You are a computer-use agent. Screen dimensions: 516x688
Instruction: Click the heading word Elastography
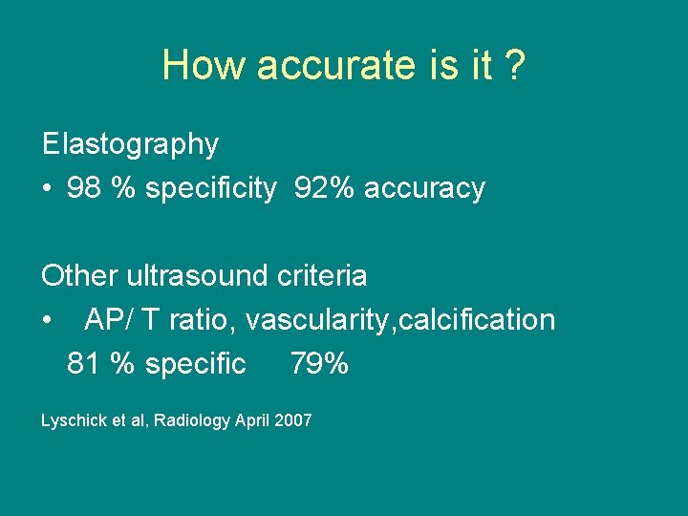coord(130,144)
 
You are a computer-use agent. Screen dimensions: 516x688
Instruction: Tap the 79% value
coord(319,364)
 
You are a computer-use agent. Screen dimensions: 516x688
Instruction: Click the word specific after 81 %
coord(195,364)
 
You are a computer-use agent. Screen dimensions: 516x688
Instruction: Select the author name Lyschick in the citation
coord(71,420)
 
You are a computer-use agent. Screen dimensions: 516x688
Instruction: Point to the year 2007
coord(292,420)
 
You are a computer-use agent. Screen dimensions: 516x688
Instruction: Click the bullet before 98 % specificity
coord(47,189)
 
